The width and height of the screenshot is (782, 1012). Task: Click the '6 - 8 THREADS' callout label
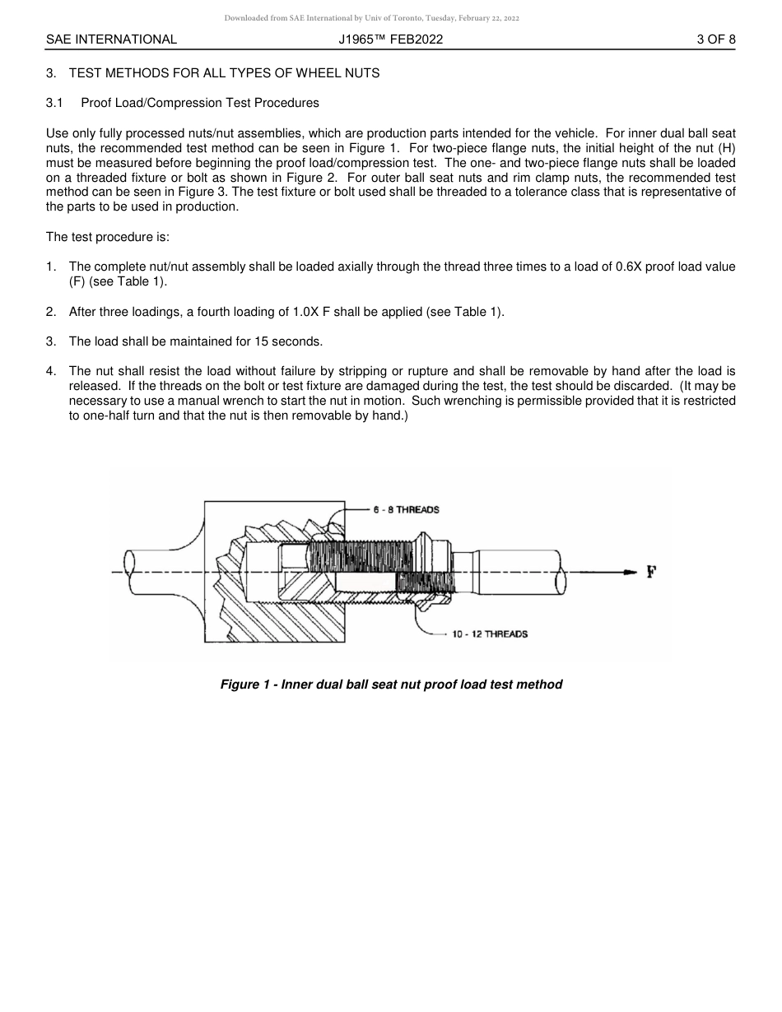pos(406,509)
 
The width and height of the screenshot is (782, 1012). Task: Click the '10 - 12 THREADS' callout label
pos(490,634)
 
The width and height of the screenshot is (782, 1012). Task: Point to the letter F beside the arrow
pos(651,572)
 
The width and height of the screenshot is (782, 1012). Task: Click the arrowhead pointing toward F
pos(630,572)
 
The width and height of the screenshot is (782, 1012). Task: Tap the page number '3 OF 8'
pos(715,39)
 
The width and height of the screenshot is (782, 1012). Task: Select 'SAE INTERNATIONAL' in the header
pos(111,39)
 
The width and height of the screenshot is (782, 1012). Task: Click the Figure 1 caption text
pos(391,685)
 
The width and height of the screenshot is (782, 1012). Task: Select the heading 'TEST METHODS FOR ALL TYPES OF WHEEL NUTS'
pos(224,73)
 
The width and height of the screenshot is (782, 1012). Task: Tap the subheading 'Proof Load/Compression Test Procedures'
pos(200,103)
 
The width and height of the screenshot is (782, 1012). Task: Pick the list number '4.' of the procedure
pos(51,371)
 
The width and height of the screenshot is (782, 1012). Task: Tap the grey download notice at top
pos(371,18)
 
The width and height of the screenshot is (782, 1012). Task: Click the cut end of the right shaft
pos(561,572)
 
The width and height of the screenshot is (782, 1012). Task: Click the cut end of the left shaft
pos(129,572)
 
